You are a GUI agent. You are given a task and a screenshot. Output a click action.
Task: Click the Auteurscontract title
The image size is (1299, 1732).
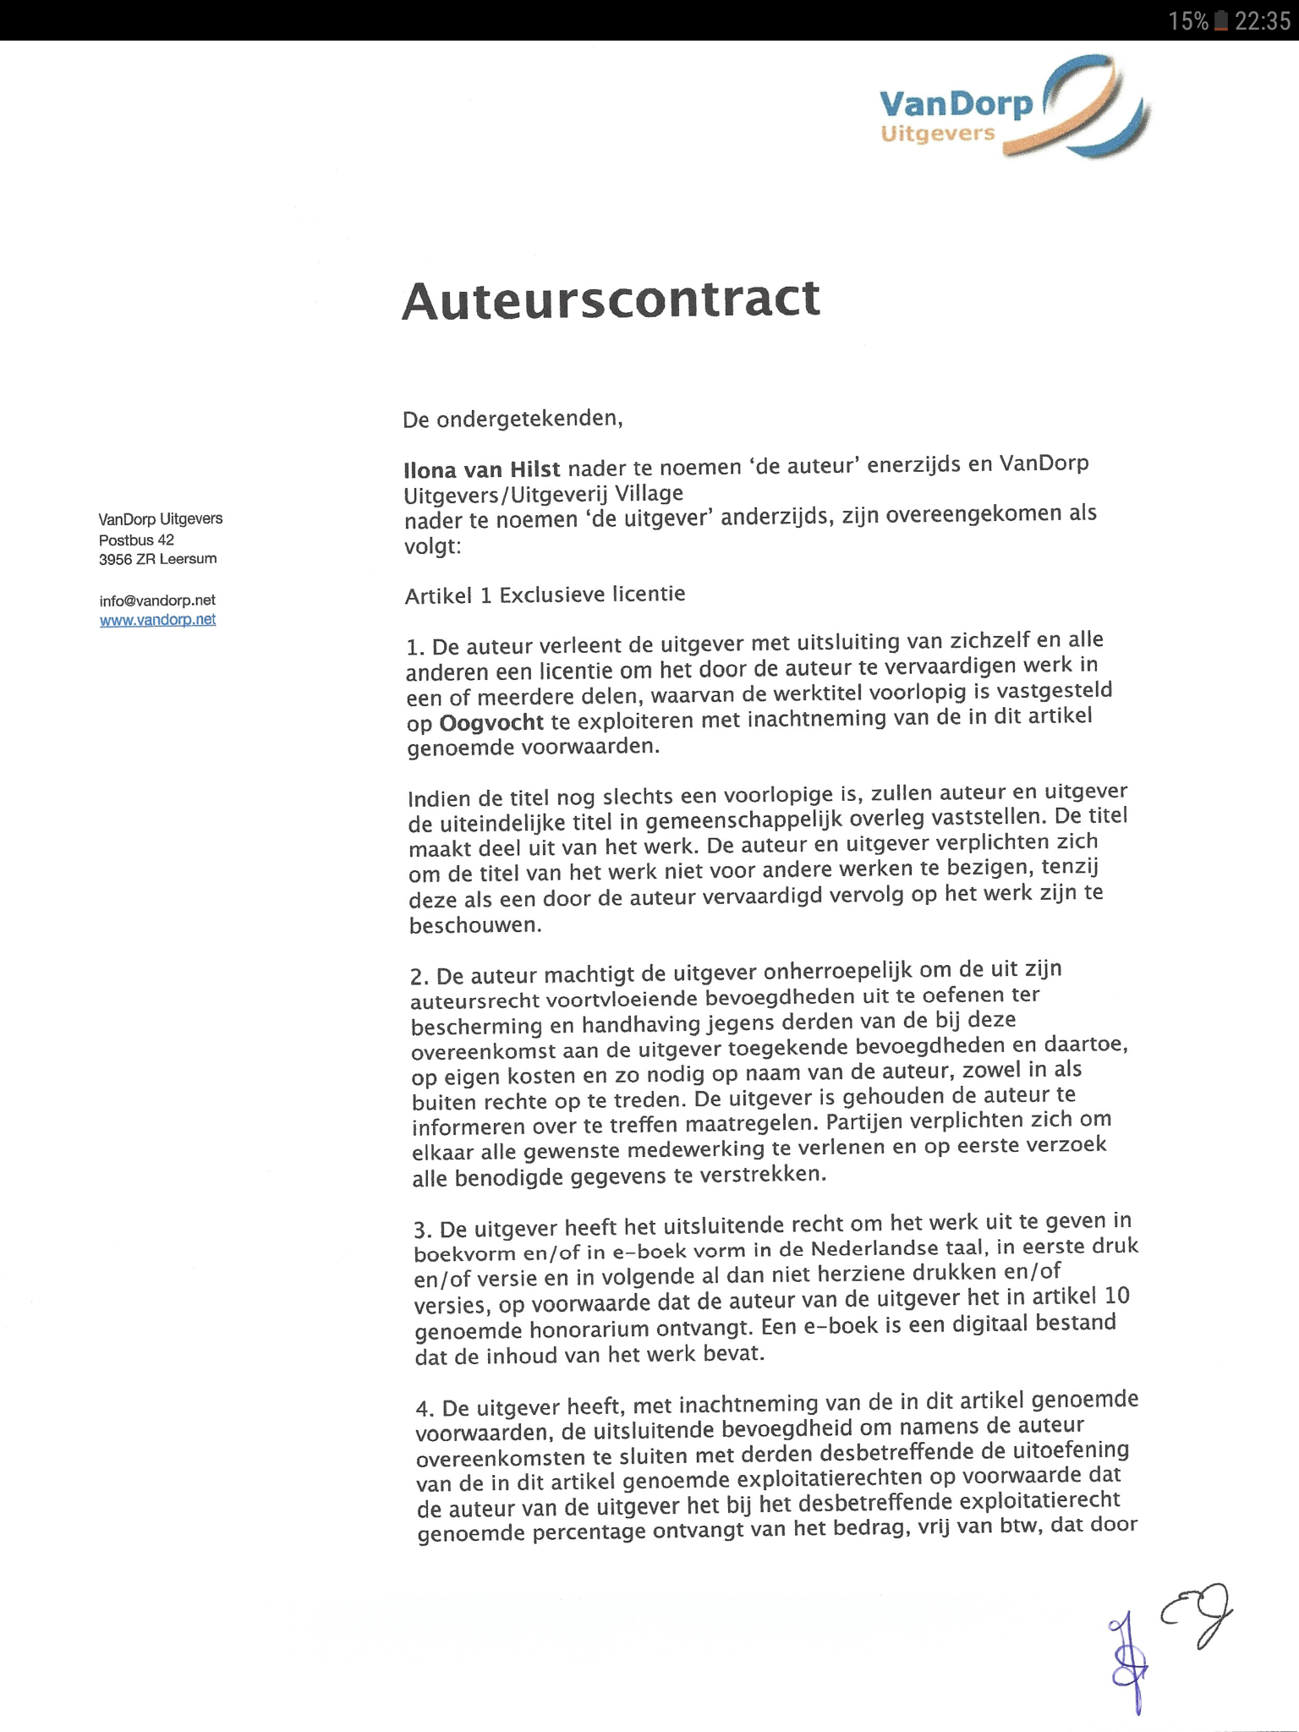pos(611,299)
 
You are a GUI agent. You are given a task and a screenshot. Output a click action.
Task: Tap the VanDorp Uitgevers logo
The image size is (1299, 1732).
pos(1013,107)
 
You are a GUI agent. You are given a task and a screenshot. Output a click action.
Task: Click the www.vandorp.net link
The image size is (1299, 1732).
pos(157,620)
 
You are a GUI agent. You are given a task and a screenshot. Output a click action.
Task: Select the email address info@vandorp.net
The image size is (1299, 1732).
pos(157,600)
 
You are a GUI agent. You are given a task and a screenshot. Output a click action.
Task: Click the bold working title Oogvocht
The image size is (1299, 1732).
pos(491,722)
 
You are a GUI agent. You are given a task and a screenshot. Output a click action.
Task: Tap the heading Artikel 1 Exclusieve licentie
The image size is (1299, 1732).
pos(545,595)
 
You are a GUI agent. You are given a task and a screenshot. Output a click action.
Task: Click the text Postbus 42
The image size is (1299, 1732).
pos(136,540)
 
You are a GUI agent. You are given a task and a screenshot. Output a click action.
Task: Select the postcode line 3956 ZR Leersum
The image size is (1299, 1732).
pos(157,559)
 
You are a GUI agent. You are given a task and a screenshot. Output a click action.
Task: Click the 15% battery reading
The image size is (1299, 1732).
pos(1188,21)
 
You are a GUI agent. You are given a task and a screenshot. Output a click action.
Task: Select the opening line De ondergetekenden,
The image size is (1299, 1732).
pos(512,419)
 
